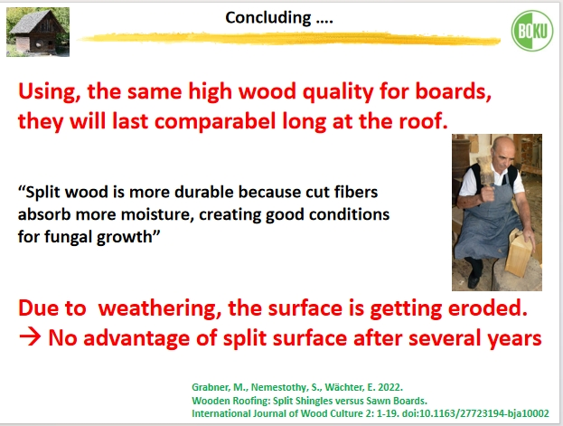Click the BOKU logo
pyautogui.click(x=532, y=31)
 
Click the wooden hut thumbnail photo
pyautogui.click(x=38, y=32)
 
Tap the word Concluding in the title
pyautogui.click(x=268, y=17)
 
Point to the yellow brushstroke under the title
pyautogui.click(x=289, y=39)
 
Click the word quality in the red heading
pyautogui.click(x=338, y=91)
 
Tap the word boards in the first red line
pyautogui.click(x=454, y=90)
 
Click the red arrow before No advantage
pyautogui.click(x=30, y=338)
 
